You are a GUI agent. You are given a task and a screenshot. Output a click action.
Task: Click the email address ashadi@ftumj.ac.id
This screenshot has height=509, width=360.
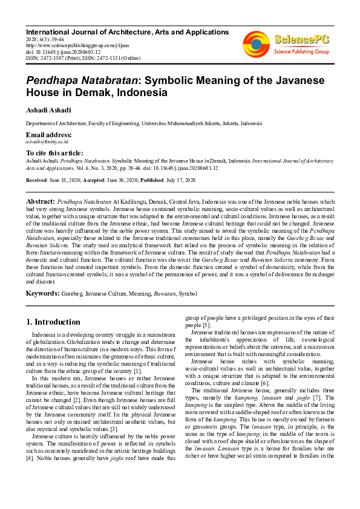pyautogui.click(x=46, y=140)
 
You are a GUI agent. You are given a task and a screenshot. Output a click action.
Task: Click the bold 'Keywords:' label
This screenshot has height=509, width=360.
pyautogui.click(x=42, y=293)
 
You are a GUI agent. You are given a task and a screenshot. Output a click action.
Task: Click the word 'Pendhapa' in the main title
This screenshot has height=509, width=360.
pyautogui.click(x=52, y=81)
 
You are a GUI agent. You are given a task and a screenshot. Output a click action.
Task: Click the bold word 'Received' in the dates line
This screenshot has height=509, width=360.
pyautogui.click(x=38, y=180)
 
